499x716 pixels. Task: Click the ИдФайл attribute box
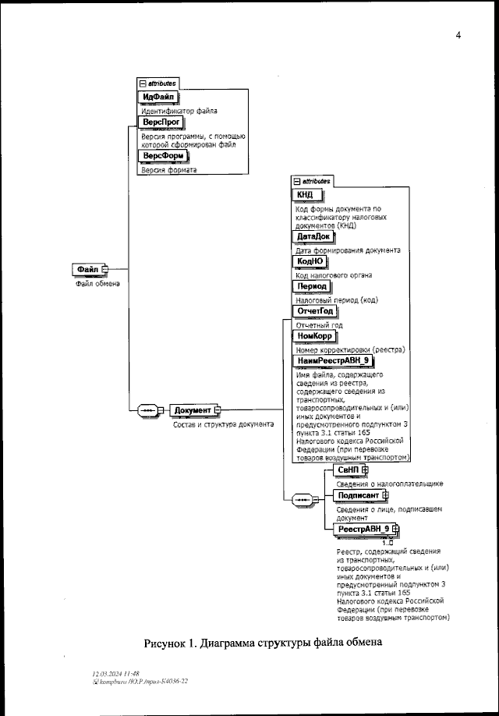coord(158,97)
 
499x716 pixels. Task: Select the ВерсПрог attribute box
coord(161,123)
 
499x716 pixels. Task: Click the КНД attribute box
coord(303,195)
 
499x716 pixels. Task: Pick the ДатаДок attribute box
coord(313,236)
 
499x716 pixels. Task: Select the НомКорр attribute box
coord(315,336)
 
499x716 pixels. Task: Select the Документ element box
coord(192,410)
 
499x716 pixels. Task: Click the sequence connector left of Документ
coord(148,410)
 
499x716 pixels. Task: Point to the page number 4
coord(458,35)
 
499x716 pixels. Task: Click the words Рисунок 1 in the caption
coord(172,644)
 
